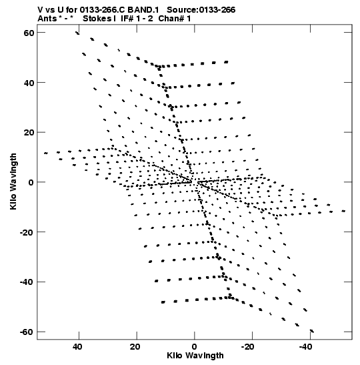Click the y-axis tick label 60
[x=29, y=33]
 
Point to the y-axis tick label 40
[x=29, y=83]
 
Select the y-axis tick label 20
[x=29, y=132]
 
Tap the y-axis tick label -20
[x=27, y=232]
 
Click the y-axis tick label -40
[x=27, y=282]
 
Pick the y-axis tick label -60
[x=27, y=332]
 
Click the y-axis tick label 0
[x=31, y=182]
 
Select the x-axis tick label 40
[x=77, y=347]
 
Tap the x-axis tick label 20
[x=135, y=347]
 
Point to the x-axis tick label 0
[x=194, y=347]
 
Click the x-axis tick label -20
[x=248, y=347]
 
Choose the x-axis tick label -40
[x=305, y=347]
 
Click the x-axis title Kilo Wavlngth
[x=195, y=356]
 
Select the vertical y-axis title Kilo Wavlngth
[x=13, y=181]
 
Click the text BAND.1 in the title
[x=143, y=10]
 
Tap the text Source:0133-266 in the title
[x=201, y=10]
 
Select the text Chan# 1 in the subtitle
[x=175, y=19]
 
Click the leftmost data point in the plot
[x=46, y=153]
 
